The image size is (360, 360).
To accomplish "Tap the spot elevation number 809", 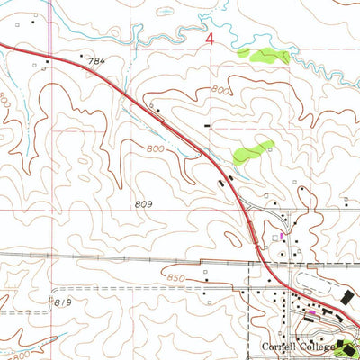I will (144, 204).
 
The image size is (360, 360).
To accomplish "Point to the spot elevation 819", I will (62, 302).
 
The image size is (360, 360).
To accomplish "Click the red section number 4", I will (211, 41).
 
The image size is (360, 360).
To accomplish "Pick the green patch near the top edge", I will (264, 56).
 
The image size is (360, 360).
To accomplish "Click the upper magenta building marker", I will (281, 237).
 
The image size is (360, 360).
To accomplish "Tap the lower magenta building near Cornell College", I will (311, 313).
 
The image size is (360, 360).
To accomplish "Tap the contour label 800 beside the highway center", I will (155, 148).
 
